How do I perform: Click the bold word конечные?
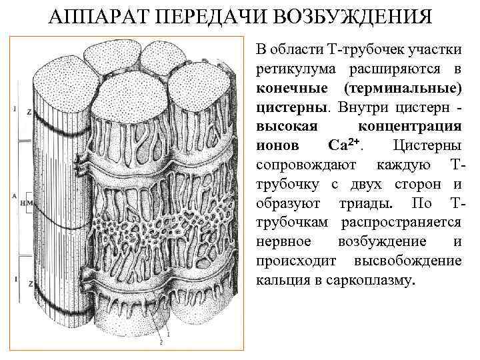pos(290,88)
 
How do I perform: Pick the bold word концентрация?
pos(410,126)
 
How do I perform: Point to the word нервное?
pos(283,241)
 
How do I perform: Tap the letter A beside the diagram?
pos(14,197)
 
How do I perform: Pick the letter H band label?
pos(22,203)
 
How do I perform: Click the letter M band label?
pos(28,203)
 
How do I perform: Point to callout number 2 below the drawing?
pos(160,341)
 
